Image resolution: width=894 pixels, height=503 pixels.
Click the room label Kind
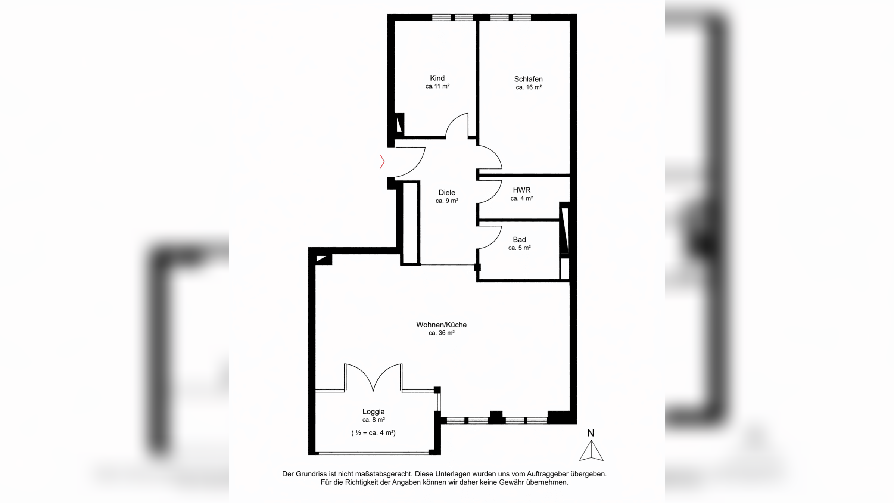(x=437, y=78)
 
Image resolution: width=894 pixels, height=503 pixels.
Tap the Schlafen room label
(x=528, y=79)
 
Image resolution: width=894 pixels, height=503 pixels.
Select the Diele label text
(x=447, y=192)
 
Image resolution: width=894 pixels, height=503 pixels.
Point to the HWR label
(x=521, y=190)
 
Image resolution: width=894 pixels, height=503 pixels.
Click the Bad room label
(x=519, y=240)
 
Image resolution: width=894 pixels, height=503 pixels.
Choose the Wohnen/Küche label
(x=442, y=325)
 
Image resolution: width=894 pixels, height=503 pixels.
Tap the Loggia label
(x=373, y=412)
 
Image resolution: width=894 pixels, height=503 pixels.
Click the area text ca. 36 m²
(x=442, y=333)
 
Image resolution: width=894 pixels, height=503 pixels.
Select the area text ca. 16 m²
(x=529, y=87)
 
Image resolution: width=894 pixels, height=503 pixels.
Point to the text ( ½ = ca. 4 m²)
(x=373, y=433)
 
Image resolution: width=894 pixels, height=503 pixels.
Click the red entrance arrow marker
(x=383, y=162)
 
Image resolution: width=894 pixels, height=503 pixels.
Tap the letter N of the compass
(x=591, y=433)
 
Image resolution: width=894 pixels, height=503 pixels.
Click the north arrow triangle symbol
(x=591, y=451)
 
